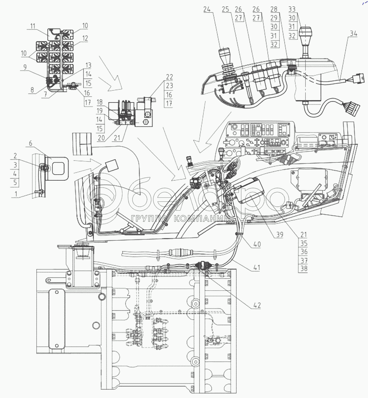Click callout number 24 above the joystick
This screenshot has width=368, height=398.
click(x=207, y=9)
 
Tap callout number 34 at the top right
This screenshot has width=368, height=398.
click(x=353, y=33)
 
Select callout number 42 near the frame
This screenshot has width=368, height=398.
click(x=257, y=305)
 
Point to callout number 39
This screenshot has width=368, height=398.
click(x=279, y=235)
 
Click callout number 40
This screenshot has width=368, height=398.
click(x=256, y=244)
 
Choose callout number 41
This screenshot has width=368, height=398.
click(x=256, y=267)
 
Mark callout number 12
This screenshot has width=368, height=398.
click(x=85, y=38)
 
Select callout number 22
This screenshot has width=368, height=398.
click(x=170, y=77)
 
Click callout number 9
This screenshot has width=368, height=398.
click(x=25, y=67)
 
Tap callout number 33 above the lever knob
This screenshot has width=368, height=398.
click(x=292, y=9)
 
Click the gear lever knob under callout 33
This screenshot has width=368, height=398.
click(x=305, y=34)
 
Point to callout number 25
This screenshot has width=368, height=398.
click(x=226, y=9)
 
